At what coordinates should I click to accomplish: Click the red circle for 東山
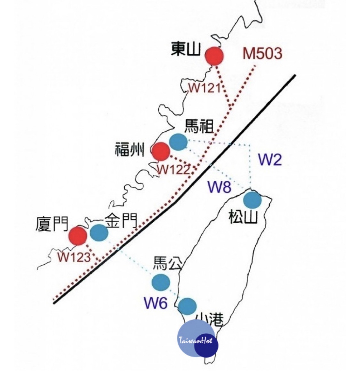[214, 56]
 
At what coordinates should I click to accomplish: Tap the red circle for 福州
[161, 152]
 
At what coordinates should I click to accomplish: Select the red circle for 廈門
[78, 236]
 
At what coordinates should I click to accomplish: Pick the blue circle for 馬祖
[178, 142]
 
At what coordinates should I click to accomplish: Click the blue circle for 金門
[99, 232]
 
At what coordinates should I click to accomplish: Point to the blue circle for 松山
[252, 200]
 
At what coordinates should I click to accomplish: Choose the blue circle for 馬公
[161, 282]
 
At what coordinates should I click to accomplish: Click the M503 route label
[263, 54]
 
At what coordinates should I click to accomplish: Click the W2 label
[270, 160]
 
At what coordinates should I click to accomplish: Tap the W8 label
[220, 187]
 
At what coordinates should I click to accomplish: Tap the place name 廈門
[52, 224]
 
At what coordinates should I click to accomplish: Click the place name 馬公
[168, 263]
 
